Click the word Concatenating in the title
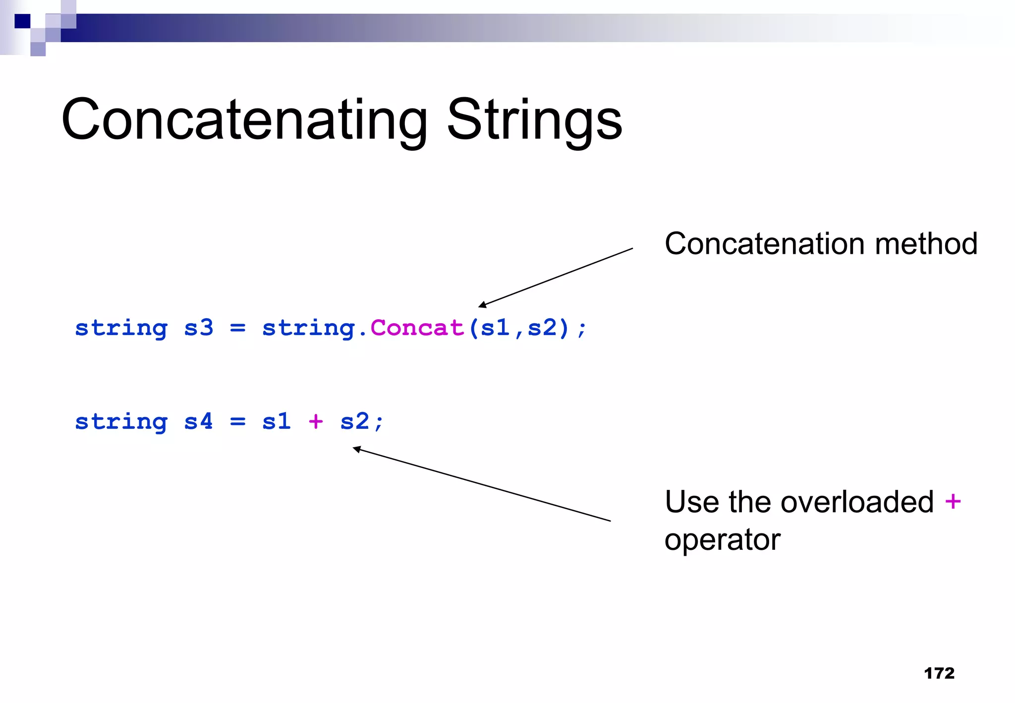[x=244, y=120]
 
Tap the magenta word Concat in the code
[x=417, y=328]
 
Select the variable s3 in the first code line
[x=199, y=328]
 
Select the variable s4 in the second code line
[x=199, y=421]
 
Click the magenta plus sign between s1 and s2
[x=316, y=421]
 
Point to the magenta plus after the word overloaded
[x=953, y=501]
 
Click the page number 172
[x=939, y=673]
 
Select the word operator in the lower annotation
[x=722, y=539]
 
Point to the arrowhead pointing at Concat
[x=482, y=305]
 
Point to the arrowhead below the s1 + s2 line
[x=356, y=449]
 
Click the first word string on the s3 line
[x=121, y=328]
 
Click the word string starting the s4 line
[x=121, y=421]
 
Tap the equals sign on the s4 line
[x=238, y=421]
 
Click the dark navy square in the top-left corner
[x=22, y=21]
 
